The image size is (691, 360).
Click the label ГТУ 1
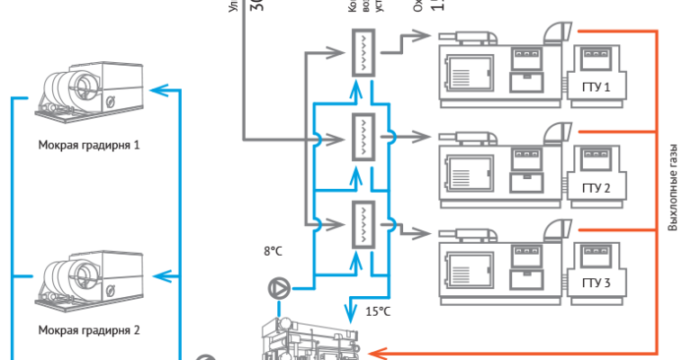click(x=597, y=88)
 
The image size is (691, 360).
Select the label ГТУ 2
click(x=597, y=187)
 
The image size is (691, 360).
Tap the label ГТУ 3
click(x=597, y=284)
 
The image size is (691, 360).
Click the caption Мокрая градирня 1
click(x=89, y=143)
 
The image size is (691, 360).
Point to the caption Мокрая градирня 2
click(x=89, y=329)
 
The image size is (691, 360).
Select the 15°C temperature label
click(x=378, y=311)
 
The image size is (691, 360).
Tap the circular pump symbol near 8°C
click(x=279, y=288)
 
